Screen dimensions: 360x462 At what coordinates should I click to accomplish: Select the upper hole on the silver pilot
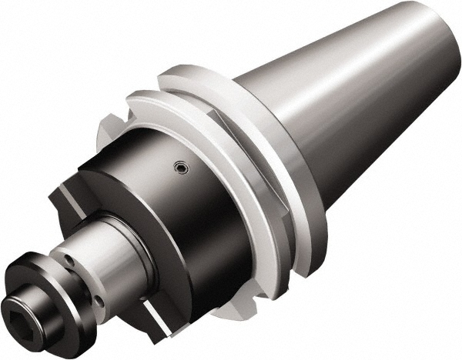(69, 260)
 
